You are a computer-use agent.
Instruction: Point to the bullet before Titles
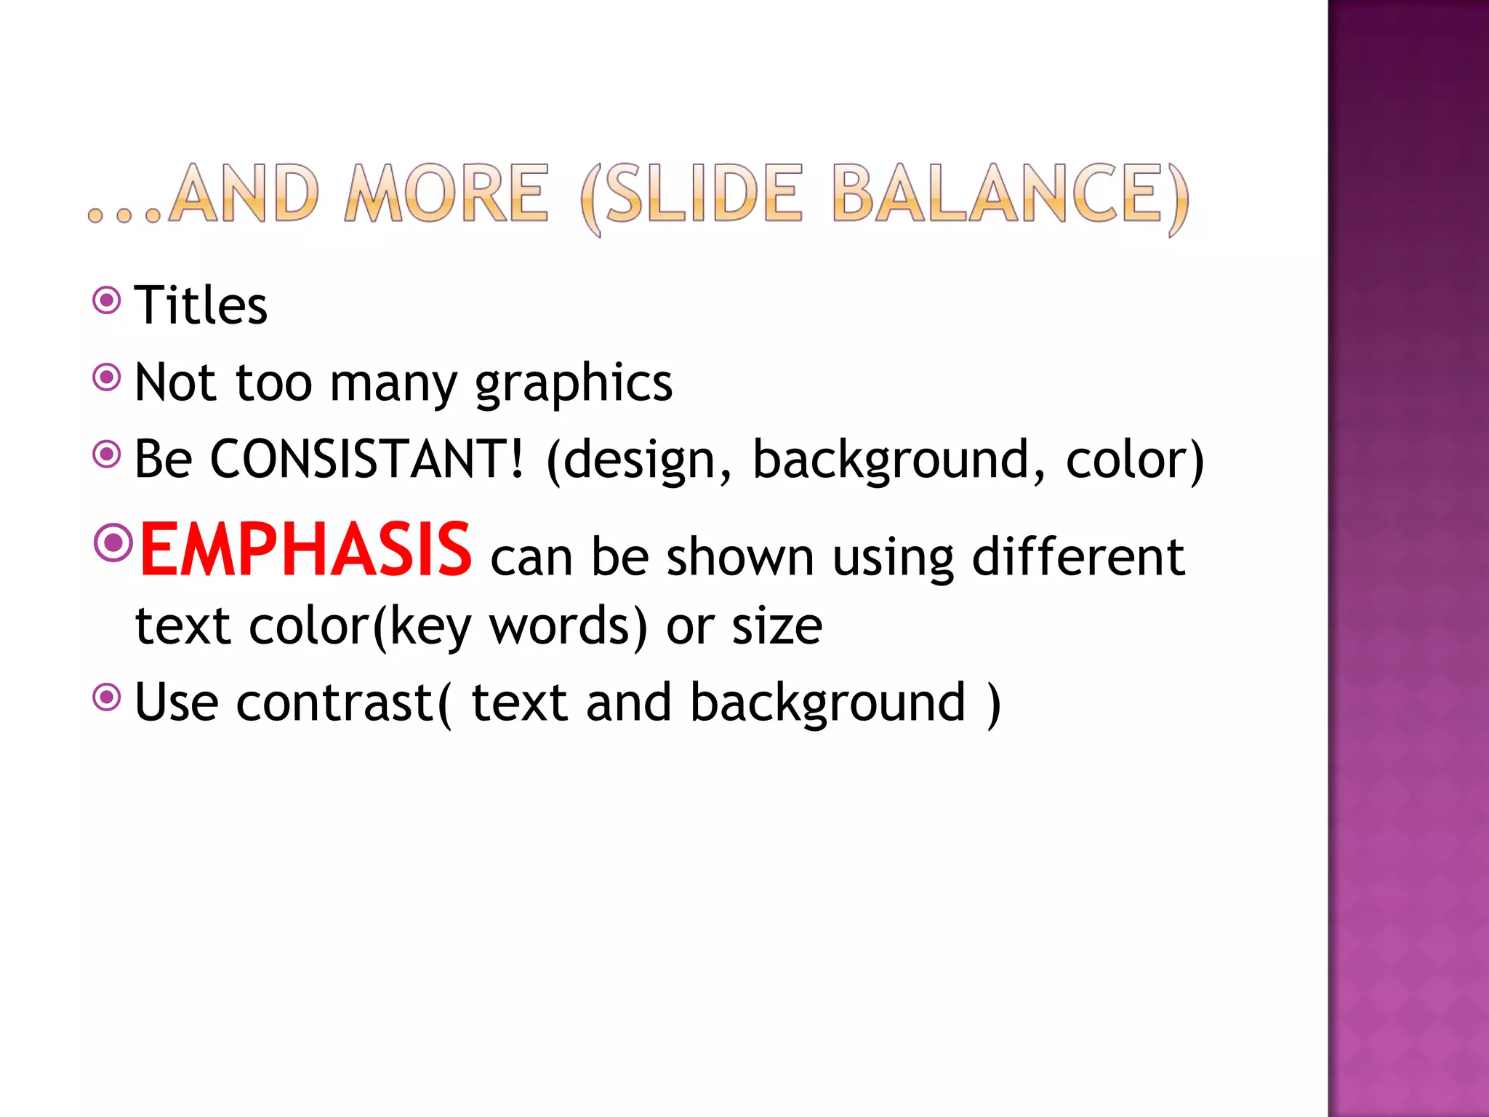click(107, 300)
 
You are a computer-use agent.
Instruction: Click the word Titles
click(201, 305)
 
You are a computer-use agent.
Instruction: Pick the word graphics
click(574, 383)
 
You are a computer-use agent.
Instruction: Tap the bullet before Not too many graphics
click(107, 377)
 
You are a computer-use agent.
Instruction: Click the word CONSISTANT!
click(366, 460)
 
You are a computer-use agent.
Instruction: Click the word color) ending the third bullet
click(1134, 460)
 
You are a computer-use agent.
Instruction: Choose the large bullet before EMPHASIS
click(113, 542)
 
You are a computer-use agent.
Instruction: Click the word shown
click(739, 558)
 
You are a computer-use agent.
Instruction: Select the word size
click(776, 626)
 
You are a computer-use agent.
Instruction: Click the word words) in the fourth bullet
click(568, 626)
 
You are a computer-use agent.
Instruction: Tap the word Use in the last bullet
click(177, 702)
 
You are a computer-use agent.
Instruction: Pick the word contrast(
click(343, 702)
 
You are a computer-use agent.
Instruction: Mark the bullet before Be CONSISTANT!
click(107, 455)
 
